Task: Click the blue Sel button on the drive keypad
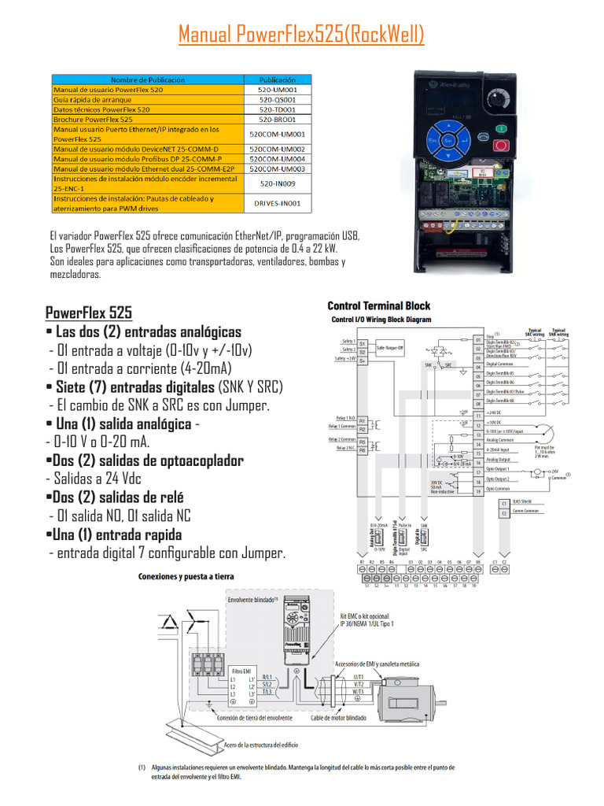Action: (x=448, y=140)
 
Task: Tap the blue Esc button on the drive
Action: (x=432, y=140)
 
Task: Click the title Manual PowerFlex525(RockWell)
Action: (x=301, y=35)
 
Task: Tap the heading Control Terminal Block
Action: (x=378, y=305)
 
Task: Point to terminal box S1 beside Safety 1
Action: (x=363, y=343)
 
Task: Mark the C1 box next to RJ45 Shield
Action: (x=503, y=501)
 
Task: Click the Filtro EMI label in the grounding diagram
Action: (x=241, y=671)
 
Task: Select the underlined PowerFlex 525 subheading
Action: (x=89, y=312)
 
